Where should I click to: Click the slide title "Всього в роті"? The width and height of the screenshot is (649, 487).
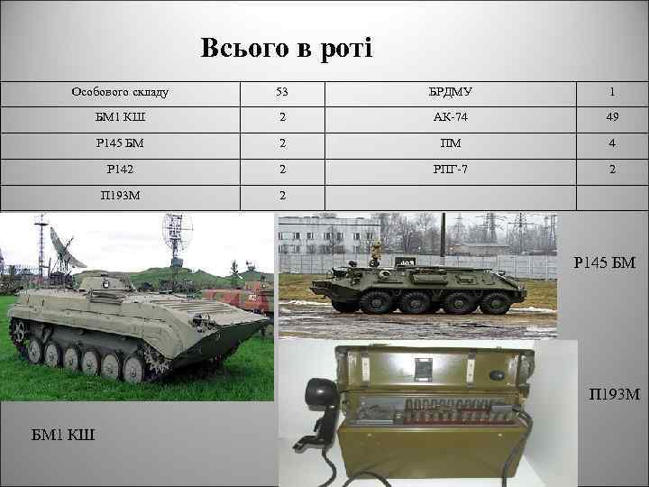click(x=286, y=48)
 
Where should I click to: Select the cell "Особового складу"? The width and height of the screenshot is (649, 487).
click(x=120, y=92)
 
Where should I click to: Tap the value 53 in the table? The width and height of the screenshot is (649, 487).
click(x=281, y=92)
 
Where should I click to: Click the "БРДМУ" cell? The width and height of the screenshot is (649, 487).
click(x=451, y=92)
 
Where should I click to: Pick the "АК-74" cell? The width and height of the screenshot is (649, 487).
click(x=451, y=117)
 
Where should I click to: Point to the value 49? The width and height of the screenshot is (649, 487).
click(x=612, y=117)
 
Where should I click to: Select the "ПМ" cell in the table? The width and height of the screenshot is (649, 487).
click(x=451, y=142)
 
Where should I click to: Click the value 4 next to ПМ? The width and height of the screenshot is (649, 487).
click(x=612, y=142)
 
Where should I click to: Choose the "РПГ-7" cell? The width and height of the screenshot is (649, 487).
click(x=451, y=169)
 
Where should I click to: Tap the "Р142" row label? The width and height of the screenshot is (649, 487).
click(x=120, y=169)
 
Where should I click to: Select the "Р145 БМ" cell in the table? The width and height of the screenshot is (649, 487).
click(x=120, y=142)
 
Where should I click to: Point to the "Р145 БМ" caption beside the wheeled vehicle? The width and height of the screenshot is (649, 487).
click(x=605, y=263)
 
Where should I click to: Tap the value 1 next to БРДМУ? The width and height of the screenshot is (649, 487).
click(x=612, y=92)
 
